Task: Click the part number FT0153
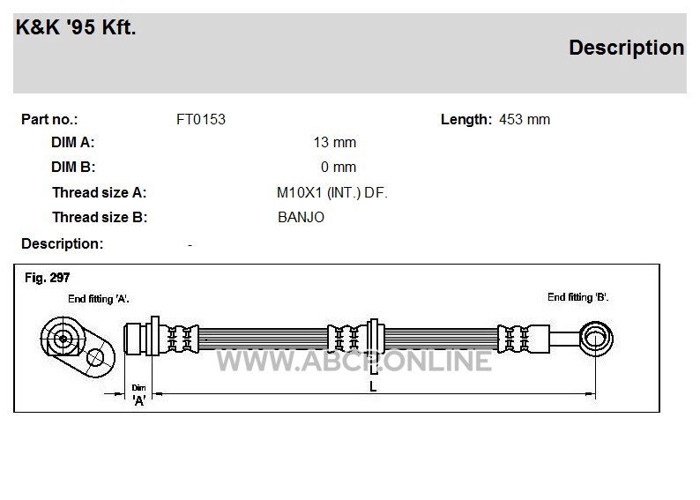pos(201,120)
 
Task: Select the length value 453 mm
pos(525,120)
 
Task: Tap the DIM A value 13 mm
pos(335,142)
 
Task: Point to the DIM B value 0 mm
pos(339,167)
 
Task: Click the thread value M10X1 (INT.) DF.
pos(332,193)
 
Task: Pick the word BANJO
pos(301,218)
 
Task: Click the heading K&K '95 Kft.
pos(76,27)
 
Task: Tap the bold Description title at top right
pos(626,48)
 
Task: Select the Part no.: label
pos(49,120)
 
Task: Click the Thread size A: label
pos(99,193)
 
